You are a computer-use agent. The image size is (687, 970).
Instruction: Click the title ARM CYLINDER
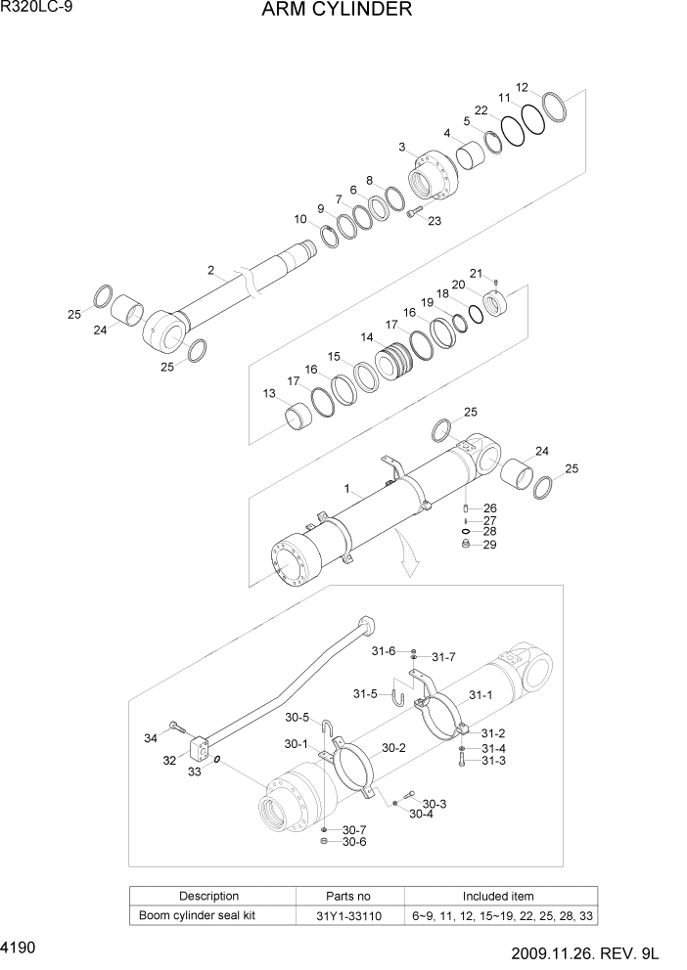tap(322, 11)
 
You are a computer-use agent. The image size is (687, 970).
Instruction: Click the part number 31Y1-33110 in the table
tap(347, 915)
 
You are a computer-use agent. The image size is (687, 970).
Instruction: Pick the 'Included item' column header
tap(498, 896)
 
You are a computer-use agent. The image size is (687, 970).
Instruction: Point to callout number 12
tap(523, 87)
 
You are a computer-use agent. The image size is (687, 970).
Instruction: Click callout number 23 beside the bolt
tap(434, 221)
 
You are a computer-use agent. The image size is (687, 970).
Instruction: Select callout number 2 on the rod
tap(210, 270)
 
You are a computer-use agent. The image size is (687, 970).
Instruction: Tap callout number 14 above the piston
tap(366, 337)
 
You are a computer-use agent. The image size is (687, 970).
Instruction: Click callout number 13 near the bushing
tap(269, 393)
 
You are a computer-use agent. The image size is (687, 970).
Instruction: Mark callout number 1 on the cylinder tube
tap(346, 487)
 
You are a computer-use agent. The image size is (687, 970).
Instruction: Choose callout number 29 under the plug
tap(489, 545)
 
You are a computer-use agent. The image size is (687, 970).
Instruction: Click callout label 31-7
tap(443, 657)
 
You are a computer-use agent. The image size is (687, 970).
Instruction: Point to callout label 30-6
tap(353, 843)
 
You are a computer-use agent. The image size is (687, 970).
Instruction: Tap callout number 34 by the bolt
tap(150, 737)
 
